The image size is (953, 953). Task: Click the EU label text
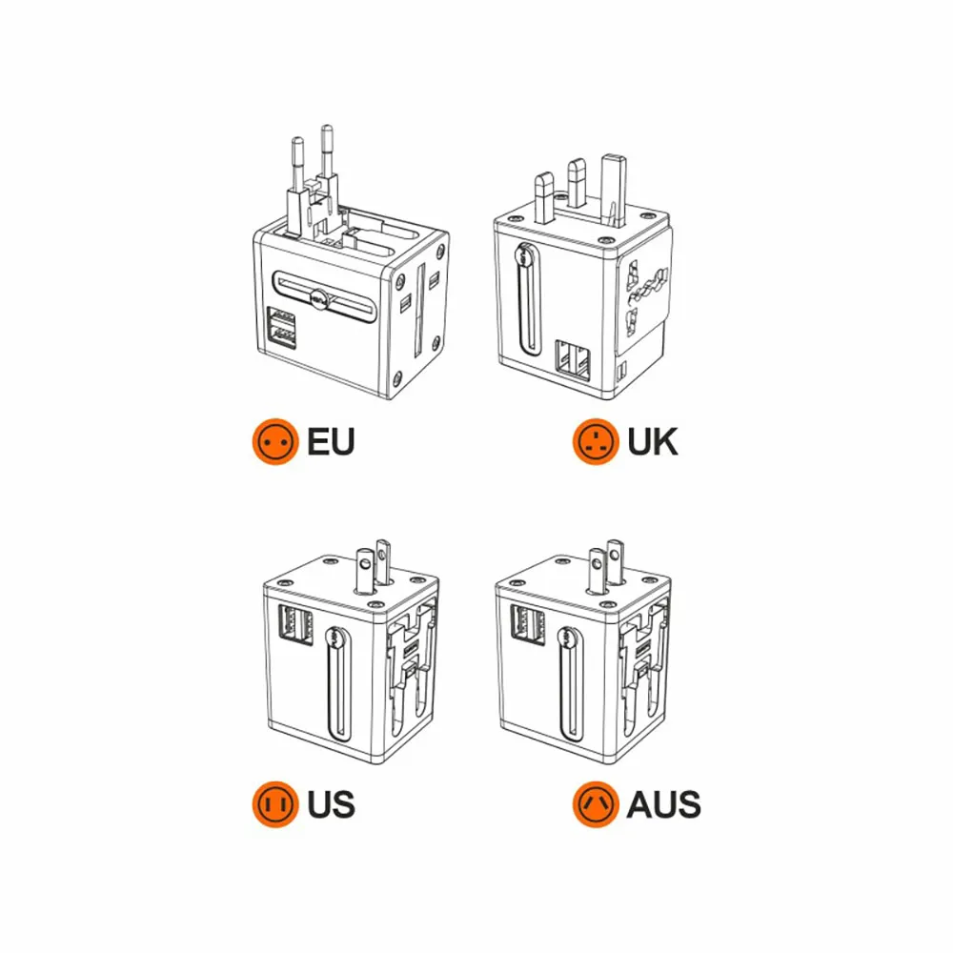tap(331, 442)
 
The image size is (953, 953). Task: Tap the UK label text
tap(652, 442)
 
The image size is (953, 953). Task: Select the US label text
tap(331, 804)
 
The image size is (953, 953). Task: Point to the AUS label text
tap(663, 804)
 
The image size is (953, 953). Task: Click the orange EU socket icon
tap(275, 442)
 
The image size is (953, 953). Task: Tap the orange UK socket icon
tap(596, 442)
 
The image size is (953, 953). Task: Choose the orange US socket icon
tap(275, 804)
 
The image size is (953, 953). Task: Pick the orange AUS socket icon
tap(596, 804)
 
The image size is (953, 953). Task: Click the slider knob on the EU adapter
tap(319, 298)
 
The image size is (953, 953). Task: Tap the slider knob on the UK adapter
tap(523, 254)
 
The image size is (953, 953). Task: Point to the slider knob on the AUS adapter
tap(567, 638)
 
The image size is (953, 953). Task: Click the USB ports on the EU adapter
tap(281, 327)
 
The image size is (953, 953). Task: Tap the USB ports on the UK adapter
tap(573, 360)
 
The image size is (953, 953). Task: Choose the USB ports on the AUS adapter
tap(528, 624)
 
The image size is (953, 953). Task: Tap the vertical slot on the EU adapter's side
tap(418, 311)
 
